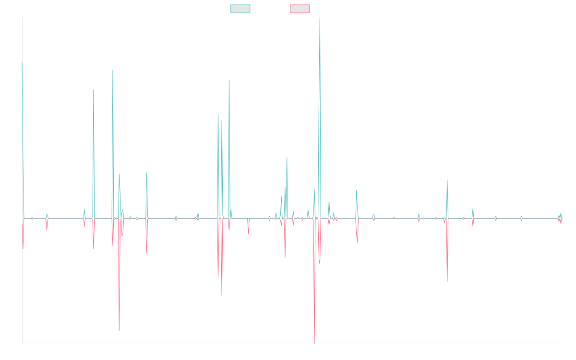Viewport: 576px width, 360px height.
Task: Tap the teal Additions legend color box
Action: coord(240,9)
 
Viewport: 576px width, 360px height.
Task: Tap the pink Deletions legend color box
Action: coord(300,9)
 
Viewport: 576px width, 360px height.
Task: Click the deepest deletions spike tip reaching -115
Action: coord(314,343)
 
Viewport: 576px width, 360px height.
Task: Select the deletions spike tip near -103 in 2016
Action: coord(119,331)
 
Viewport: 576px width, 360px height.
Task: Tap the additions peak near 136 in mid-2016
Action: coord(113,70)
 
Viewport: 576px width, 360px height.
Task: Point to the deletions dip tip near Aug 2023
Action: coord(447,281)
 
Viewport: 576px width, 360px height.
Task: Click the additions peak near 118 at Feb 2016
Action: coord(93,89)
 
